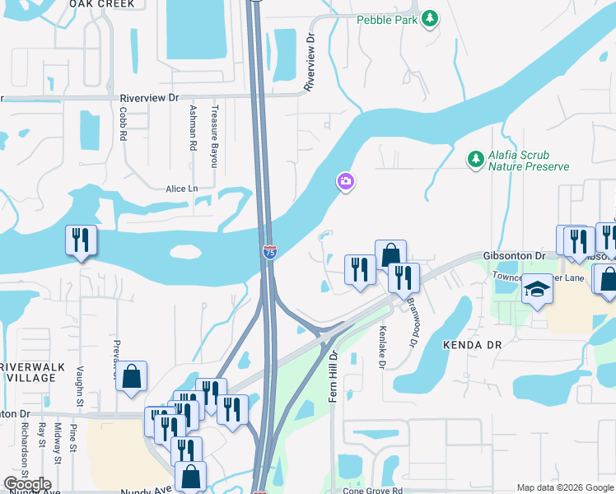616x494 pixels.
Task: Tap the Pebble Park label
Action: coord(387,19)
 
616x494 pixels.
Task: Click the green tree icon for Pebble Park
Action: coord(429,18)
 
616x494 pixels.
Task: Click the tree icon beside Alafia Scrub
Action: coord(474,159)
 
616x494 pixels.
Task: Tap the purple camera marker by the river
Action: coord(346,181)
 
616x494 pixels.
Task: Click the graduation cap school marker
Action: coord(537,291)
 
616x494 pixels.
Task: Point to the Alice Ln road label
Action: coord(182,189)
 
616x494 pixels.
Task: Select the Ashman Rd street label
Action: coord(193,127)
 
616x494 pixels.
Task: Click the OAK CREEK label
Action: coord(101,4)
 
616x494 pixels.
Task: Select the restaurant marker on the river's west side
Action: coord(81,240)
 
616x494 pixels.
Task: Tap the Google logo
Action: coord(27,484)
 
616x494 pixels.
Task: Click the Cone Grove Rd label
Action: coord(372,491)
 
